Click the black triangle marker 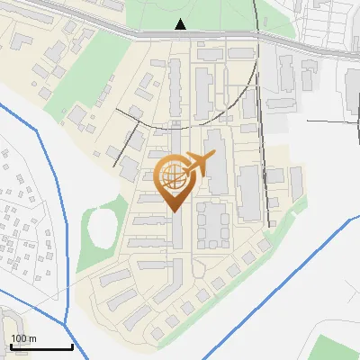pos(181,24)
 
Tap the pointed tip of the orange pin pos(174,210)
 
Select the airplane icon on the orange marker pos(197,165)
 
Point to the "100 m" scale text pos(23,338)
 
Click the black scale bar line pos(40,346)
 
